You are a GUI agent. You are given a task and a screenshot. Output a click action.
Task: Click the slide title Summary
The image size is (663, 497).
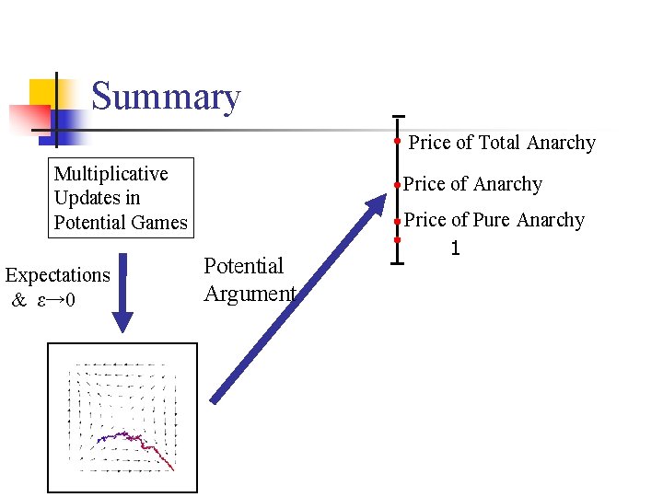point(166,97)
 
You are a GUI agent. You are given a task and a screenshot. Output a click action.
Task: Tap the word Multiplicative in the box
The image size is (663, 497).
point(110,174)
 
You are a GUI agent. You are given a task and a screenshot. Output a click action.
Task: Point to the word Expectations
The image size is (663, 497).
point(57,275)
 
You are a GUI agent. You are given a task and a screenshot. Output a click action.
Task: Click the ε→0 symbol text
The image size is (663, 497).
point(56,300)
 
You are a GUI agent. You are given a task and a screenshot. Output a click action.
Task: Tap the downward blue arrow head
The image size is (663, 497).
point(122,321)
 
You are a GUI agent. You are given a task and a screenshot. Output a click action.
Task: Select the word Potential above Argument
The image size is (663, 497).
point(243,267)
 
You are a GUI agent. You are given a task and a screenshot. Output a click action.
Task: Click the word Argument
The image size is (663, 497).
point(250,295)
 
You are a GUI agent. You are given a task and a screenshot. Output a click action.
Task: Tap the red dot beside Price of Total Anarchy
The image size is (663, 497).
point(396,142)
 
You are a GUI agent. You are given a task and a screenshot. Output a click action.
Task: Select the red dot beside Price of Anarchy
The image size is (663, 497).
point(396,185)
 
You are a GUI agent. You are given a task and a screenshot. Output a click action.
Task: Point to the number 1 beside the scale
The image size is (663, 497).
point(454,248)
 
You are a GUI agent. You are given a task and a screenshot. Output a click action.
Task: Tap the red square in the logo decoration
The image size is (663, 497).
point(28,118)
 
